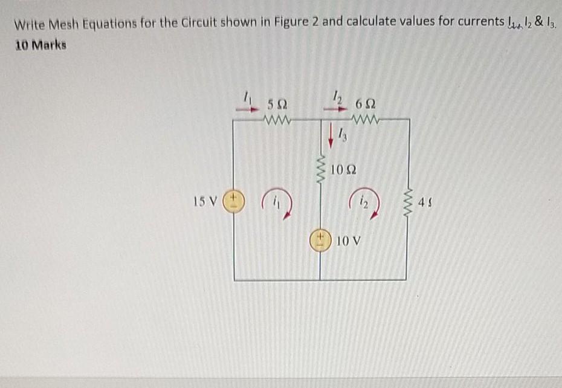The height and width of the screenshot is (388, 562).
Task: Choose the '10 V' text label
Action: point(349,242)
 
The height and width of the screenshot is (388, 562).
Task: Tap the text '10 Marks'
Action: point(40,45)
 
